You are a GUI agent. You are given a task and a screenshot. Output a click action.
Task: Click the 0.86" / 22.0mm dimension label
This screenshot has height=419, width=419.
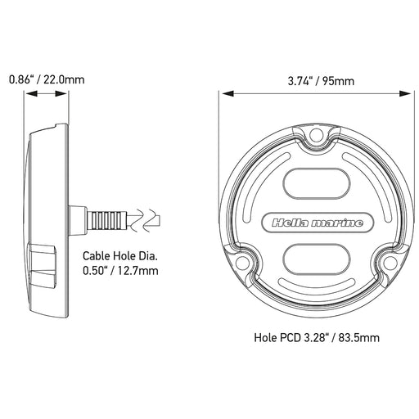coord(46,80)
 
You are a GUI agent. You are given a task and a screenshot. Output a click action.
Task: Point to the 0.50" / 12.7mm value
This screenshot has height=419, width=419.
coord(122,271)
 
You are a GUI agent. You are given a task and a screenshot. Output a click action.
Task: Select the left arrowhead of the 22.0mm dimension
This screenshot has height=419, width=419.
coord(29,94)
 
